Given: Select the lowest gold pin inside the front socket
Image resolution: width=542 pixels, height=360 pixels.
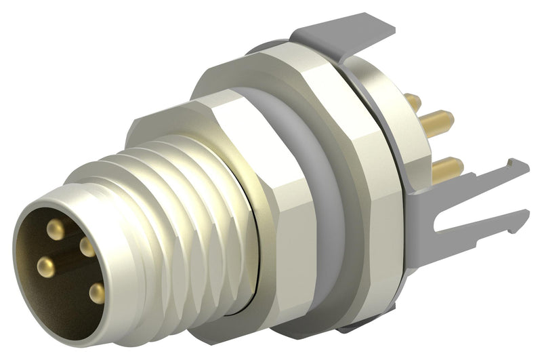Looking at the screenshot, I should tap(98, 293).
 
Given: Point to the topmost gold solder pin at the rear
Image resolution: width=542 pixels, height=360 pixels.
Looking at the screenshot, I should tap(413, 102).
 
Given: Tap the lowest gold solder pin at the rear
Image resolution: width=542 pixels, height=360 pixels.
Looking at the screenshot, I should tap(447, 165).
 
